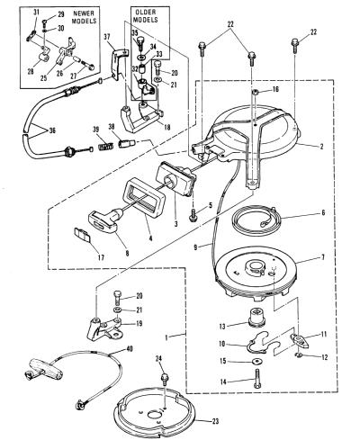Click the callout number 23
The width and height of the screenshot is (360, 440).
point(215,421)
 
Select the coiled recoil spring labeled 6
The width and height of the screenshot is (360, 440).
point(257,220)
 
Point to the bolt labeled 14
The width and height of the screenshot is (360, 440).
point(257,379)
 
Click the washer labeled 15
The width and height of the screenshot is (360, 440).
point(256,362)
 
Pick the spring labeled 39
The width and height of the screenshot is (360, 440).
point(106,147)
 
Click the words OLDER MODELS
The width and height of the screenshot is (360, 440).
point(146,16)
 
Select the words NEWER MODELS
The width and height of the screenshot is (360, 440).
point(84,17)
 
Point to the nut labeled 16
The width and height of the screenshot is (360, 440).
point(255,92)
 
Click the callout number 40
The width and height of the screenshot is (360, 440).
point(130,349)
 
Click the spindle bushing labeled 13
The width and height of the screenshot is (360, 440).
point(256,319)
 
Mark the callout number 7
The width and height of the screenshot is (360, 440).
point(323,257)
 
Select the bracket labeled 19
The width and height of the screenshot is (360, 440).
point(103,328)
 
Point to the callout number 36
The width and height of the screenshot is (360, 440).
point(52,130)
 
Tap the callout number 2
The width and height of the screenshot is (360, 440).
point(321,147)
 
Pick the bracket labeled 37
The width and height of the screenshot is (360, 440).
point(117,65)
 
